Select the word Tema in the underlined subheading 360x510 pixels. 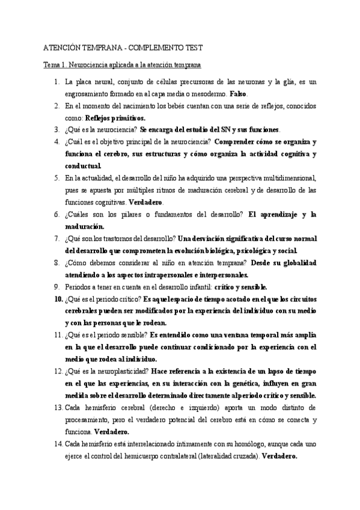[x=50, y=64]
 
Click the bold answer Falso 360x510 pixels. [x=238, y=94]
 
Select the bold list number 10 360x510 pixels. [x=58, y=298]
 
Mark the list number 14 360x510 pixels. [x=58, y=443]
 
